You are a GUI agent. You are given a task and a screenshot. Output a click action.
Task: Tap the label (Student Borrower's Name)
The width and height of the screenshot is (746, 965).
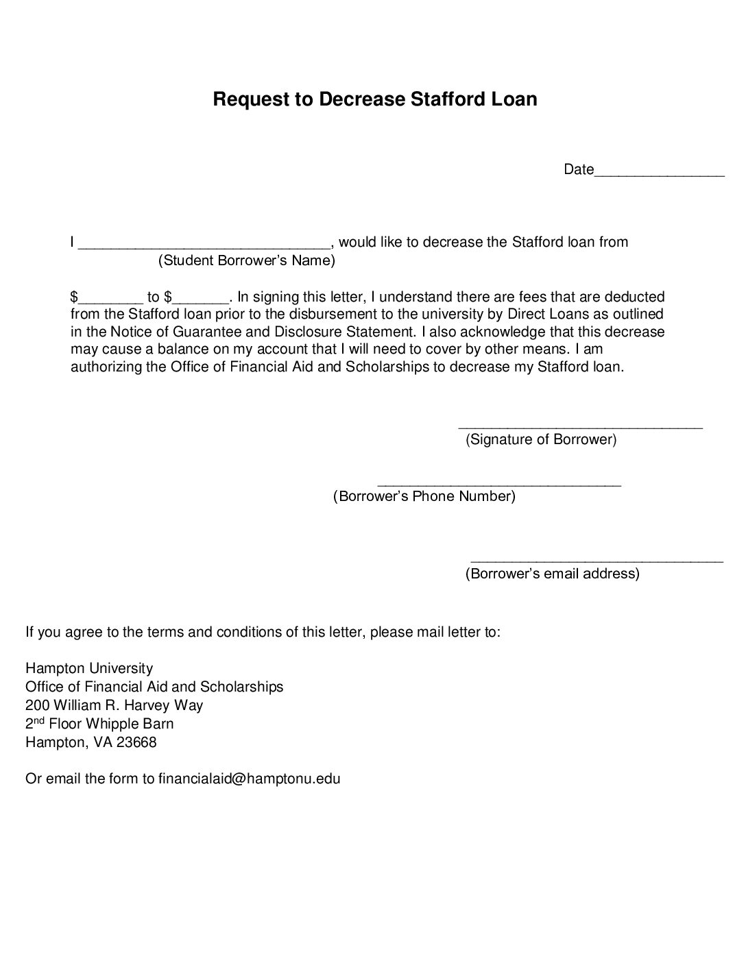coord(247,260)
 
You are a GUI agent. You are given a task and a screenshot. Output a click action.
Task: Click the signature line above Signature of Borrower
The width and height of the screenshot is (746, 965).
coord(580,427)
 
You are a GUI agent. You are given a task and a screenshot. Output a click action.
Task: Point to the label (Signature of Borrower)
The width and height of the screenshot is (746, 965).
coord(541,439)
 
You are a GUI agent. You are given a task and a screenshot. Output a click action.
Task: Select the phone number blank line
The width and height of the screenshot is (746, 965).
coord(499,484)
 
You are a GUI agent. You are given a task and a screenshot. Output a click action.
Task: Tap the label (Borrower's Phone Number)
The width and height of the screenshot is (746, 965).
coord(424,496)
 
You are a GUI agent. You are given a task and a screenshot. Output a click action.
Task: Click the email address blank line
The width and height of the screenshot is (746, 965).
coord(597,561)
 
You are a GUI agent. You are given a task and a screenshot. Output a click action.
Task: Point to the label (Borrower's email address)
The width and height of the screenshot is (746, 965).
coord(552,574)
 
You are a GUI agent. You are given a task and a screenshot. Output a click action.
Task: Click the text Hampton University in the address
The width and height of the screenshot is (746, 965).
coord(89,668)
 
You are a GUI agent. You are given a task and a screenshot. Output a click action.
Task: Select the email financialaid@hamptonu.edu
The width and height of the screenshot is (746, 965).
coord(249,779)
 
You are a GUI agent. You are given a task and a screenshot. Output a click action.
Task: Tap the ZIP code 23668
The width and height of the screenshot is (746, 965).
coord(136,742)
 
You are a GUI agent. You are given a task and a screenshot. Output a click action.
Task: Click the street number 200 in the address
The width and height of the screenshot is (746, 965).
coord(37,705)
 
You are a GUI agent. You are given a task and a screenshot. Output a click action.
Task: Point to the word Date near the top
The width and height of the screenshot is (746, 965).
coord(578,169)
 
